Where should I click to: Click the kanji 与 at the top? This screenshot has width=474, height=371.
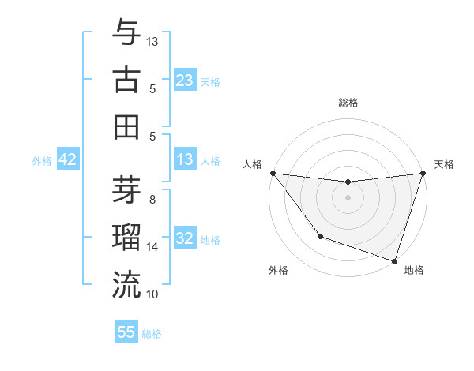click(x=126, y=32)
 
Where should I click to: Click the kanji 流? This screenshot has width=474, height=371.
click(x=126, y=283)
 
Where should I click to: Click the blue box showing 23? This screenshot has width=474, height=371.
click(x=184, y=81)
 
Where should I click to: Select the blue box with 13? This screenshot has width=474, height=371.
click(x=184, y=160)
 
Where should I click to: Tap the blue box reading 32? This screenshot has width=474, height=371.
click(x=184, y=238)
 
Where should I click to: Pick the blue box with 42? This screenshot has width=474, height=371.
click(x=68, y=160)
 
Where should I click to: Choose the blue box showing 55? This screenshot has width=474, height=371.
click(x=126, y=332)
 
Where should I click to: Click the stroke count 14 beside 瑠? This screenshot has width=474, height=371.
click(x=152, y=247)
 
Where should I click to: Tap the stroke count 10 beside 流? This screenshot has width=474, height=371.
click(x=152, y=294)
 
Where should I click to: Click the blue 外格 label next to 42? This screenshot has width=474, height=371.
click(x=42, y=161)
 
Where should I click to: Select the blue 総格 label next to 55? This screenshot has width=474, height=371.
click(x=152, y=333)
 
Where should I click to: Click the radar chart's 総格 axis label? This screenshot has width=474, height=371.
click(x=348, y=103)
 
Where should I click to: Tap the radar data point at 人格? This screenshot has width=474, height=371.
click(x=273, y=173)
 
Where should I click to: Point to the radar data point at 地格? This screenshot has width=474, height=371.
click(x=394, y=260)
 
